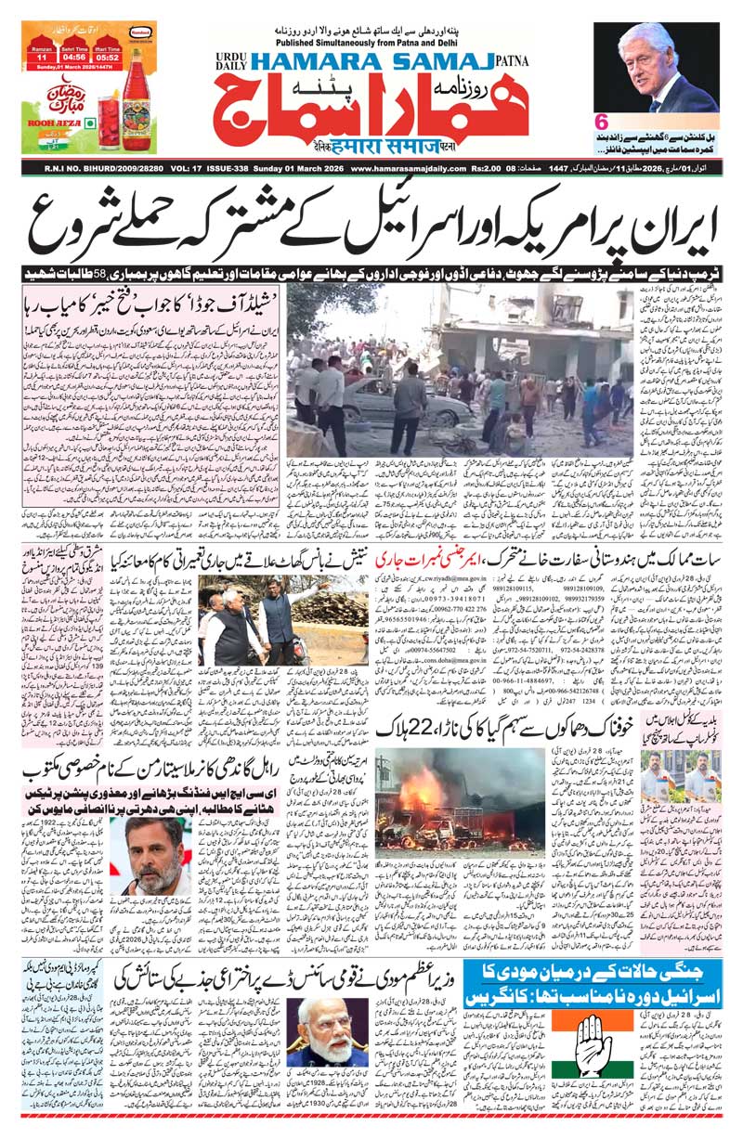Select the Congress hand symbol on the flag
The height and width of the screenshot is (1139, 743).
(x=593, y=1037)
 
